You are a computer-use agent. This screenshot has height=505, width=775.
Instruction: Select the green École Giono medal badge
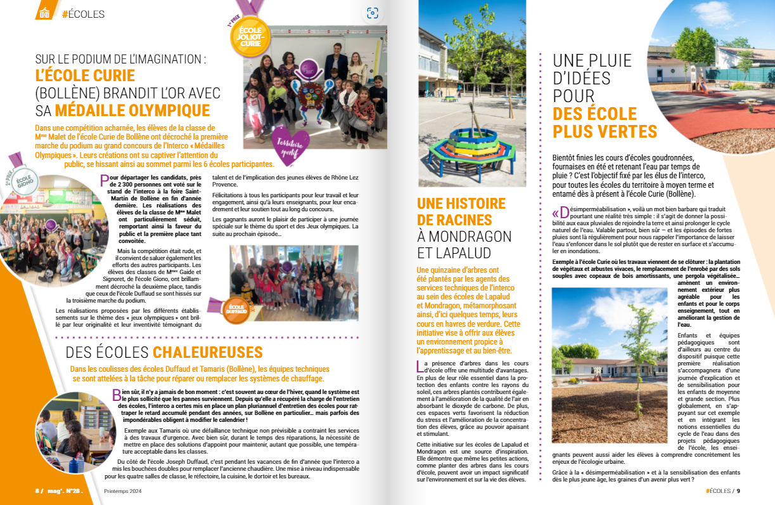pyautogui.click(x=24, y=181)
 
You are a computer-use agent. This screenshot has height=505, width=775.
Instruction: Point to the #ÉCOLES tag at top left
pyautogui.click(x=83, y=14)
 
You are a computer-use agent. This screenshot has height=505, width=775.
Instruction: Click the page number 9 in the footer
pyautogui.click(x=738, y=490)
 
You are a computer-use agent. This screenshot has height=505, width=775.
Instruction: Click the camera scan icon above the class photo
pyautogui.click(x=373, y=13)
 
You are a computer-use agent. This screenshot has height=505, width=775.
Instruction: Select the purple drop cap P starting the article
pyautogui.click(x=105, y=181)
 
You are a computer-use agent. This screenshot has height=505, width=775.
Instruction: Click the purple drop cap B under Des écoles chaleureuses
pyautogui.click(x=117, y=395)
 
